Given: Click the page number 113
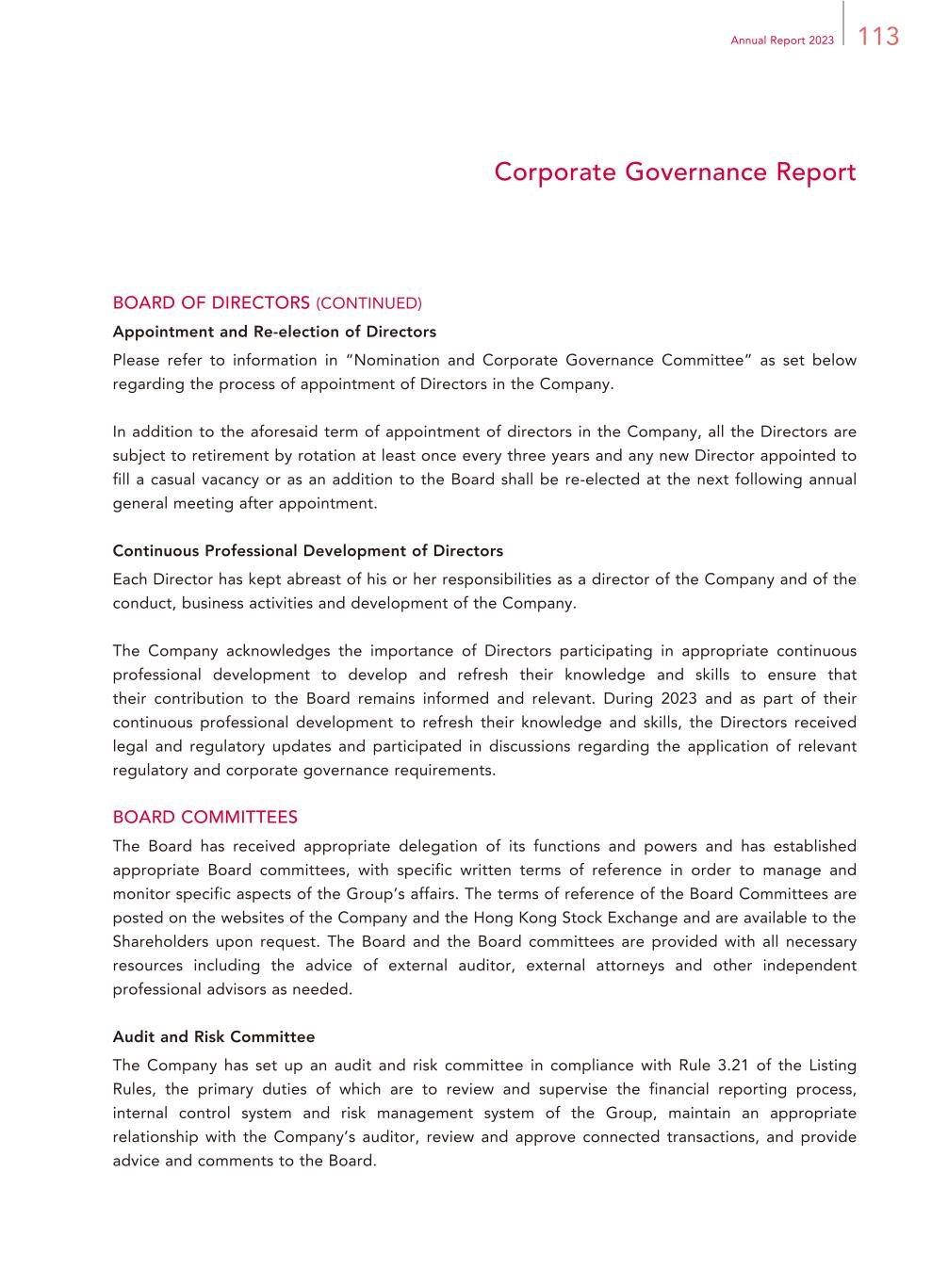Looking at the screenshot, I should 878,37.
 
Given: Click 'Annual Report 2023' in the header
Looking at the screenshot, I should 782,41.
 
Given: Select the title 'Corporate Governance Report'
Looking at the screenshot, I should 675,172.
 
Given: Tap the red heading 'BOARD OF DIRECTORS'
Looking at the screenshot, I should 211,302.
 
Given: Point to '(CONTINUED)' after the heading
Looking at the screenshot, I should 368,303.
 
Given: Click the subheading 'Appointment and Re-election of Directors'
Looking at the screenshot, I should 274,332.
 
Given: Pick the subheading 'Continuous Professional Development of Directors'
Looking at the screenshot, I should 307,550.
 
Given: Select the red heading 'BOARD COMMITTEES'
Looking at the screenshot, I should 204,817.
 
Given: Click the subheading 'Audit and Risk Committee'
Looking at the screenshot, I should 214,1036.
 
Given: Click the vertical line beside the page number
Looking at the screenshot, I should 844,24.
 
